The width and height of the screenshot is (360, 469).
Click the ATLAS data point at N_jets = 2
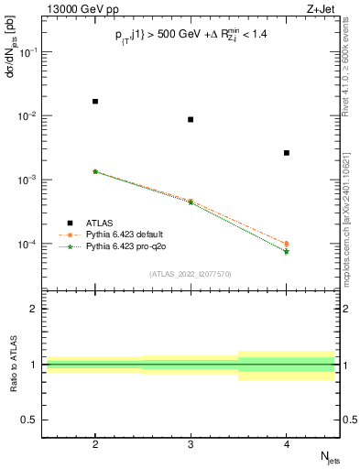(x=95, y=102)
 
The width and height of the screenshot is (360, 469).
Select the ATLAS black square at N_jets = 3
(x=191, y=120)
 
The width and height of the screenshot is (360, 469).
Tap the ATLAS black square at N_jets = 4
(x=287, y=153)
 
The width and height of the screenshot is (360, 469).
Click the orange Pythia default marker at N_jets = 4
(x=287, y=244)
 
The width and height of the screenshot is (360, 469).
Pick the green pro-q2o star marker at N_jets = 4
(x=287, y=251)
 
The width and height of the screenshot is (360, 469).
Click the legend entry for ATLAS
(x=101, y=222)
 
